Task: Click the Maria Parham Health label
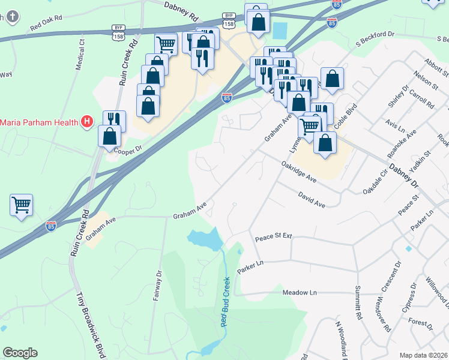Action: [x=40, y=123]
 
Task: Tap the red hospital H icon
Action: [x=87, y=122]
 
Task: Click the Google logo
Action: [x=20, y=353]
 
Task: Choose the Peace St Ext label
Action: [x=273, y=236]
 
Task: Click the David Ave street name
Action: [x=312, y=200]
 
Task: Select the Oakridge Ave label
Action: [x=298, y=171]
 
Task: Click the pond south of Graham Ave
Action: [x=205, y=238]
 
